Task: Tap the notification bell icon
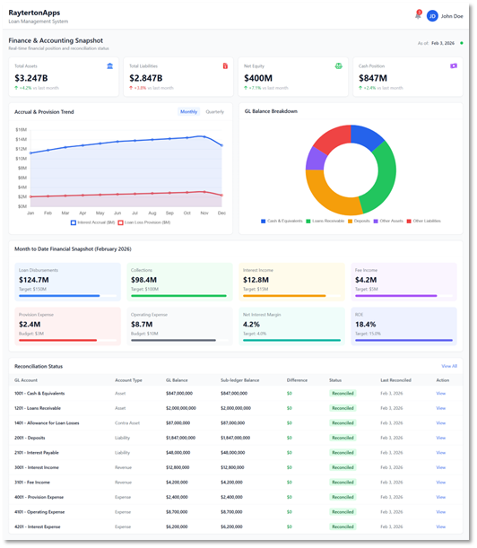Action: point(418,15)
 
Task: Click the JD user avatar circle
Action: point(432,15)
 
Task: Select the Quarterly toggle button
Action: point(215,112)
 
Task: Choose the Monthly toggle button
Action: point(189,112)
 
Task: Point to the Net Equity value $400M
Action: point(258,78)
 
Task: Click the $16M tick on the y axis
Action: point(21,129)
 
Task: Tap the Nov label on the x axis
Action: point(204,213)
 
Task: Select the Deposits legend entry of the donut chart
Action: point(360,221)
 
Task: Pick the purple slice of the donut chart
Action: point(315,159)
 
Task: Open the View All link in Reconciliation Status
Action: point(448,366)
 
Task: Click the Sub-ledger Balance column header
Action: point(238,380)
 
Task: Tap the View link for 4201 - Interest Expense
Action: point(440,526)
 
